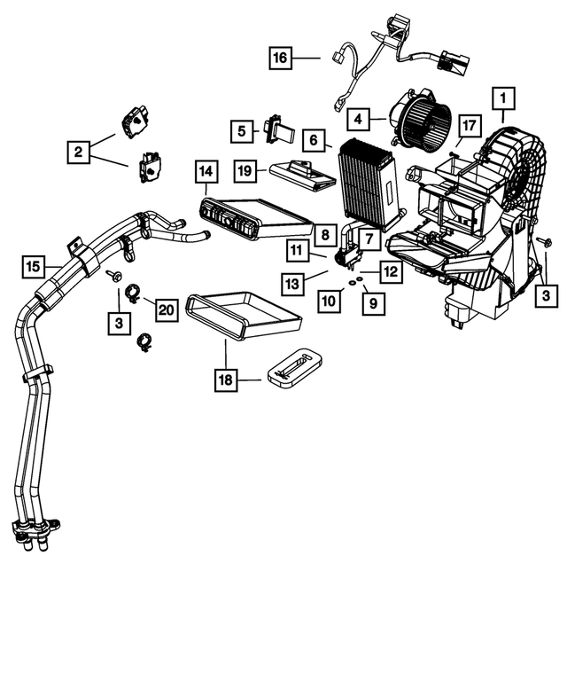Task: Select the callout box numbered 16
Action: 280,59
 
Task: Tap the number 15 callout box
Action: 33,265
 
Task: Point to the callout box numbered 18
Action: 225,380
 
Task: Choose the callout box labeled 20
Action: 166,309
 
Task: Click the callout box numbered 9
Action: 373,303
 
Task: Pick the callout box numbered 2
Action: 78,153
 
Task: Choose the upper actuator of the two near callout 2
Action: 136,119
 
